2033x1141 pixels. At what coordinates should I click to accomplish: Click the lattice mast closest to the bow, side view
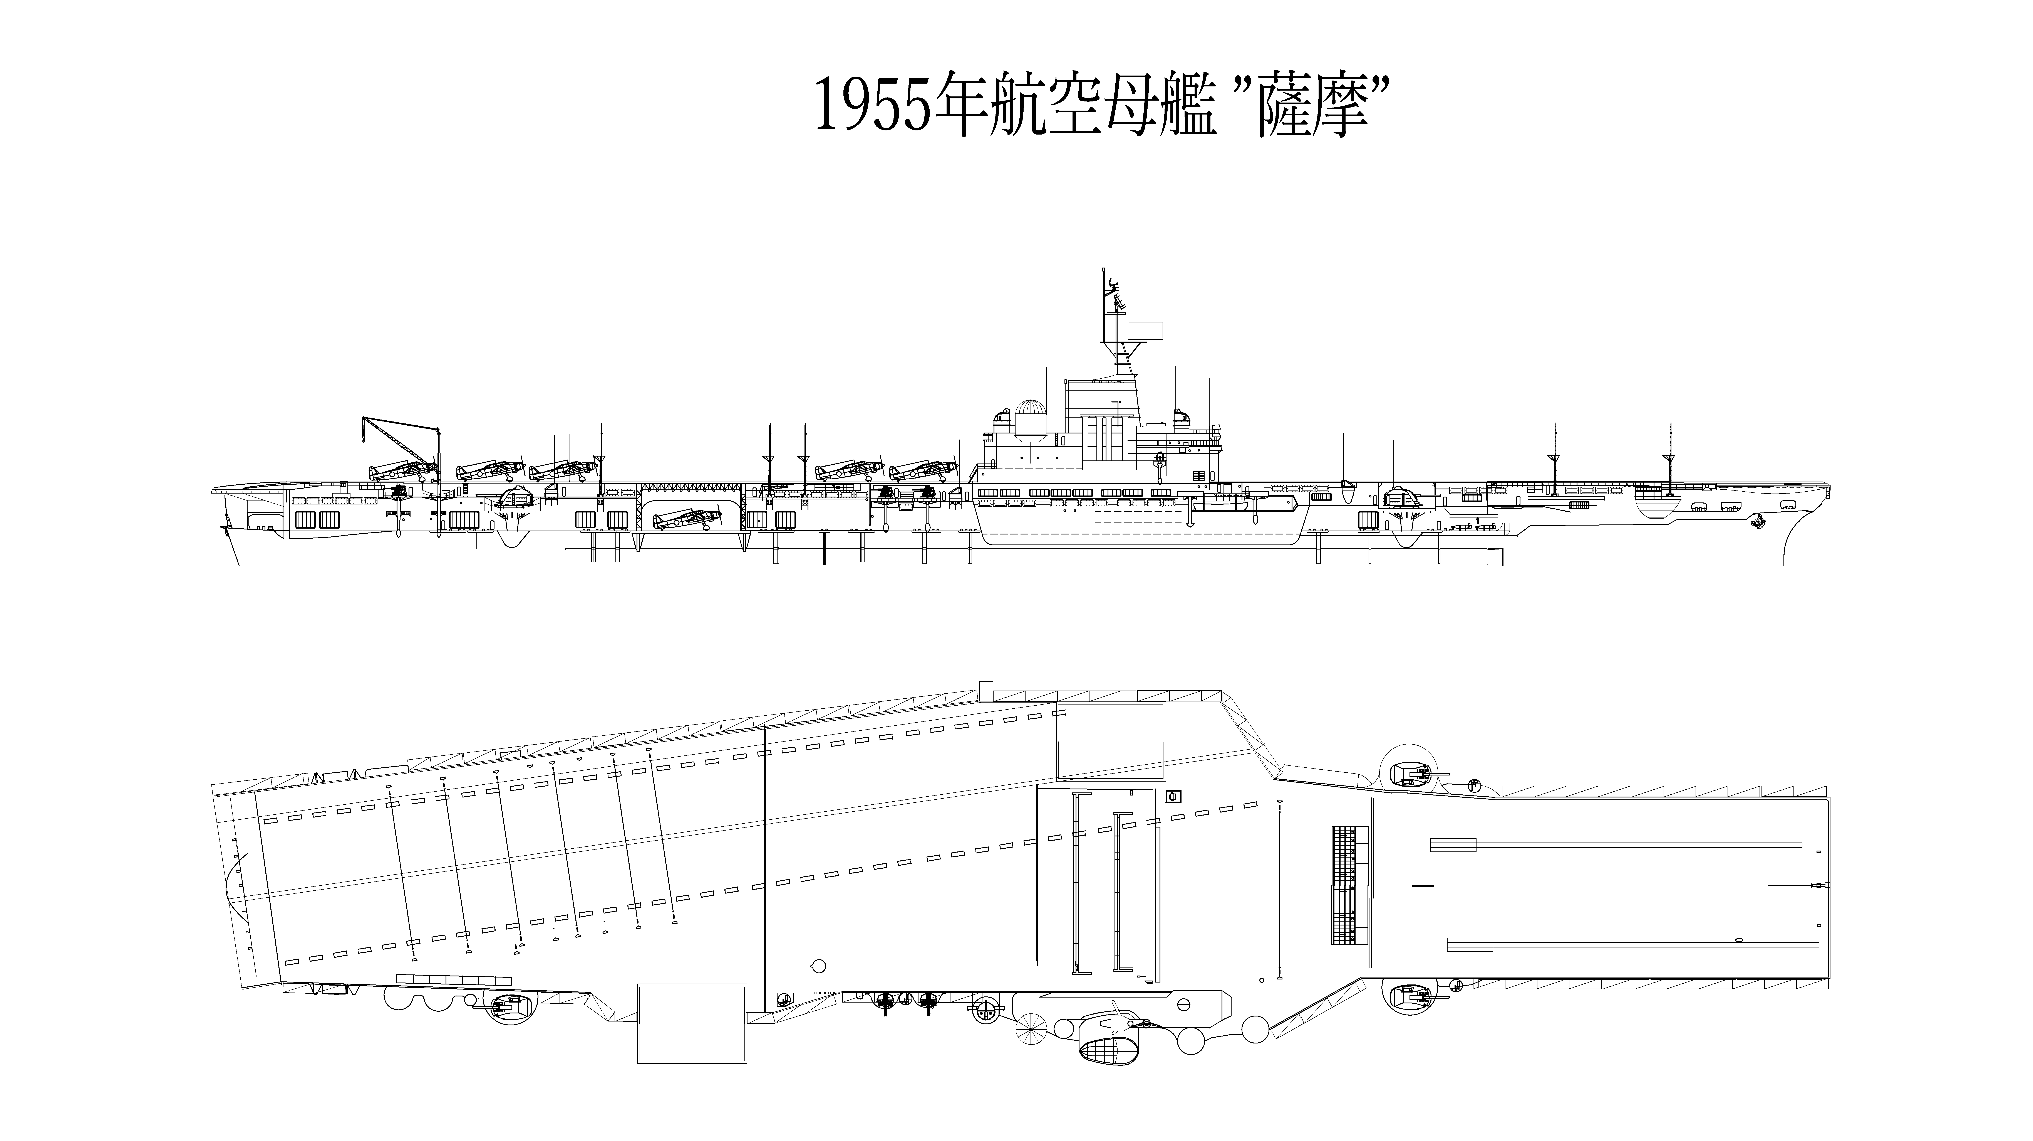(1669, 458)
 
